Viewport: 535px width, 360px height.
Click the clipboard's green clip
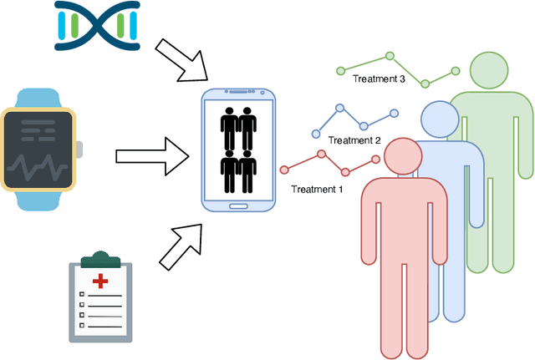click(100, 257)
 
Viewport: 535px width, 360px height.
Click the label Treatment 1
click(317, 189)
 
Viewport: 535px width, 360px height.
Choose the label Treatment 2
click(354, 140)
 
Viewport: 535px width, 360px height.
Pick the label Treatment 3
click(379, 79)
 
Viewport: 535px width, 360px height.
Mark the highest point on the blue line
click(340, 109)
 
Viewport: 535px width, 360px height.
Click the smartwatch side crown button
click(80, 150)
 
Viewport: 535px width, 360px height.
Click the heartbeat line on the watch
click(38, 163)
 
